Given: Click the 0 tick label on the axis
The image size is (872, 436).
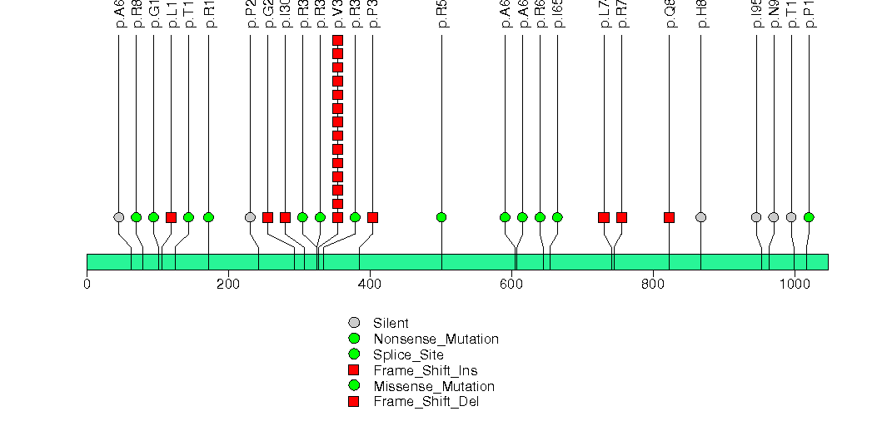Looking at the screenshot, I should [x=87, y=284].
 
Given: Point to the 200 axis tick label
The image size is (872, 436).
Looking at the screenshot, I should [x=228, y=284].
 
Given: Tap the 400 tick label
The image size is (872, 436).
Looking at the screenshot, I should [x=370, y=284].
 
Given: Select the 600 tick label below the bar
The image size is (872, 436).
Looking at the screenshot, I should [x=511, y=284].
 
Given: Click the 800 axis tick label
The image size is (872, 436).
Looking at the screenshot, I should [x=653, y=284].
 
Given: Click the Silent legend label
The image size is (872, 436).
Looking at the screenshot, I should [x=391, y=323].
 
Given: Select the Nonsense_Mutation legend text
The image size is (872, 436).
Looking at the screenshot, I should [x=436, y=339].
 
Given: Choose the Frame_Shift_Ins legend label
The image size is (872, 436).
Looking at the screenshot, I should [x=425, y=370].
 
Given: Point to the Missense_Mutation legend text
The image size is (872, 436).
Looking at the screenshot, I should [x=434, y=386].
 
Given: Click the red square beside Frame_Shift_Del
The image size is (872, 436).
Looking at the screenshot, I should [x=354, y=402].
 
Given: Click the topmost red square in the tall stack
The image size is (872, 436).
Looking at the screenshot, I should [x=337, y=41].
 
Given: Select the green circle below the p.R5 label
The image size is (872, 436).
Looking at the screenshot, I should [x=441, y=217].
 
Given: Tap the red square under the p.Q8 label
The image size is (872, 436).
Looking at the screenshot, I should [x=669, y=217].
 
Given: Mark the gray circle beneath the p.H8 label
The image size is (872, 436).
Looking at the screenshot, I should [x=700, y=217].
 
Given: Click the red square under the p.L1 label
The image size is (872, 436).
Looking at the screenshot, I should [x=171, y=217].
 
